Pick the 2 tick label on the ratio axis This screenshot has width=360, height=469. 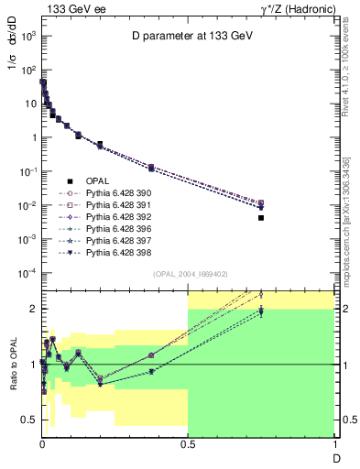point(31,310)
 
